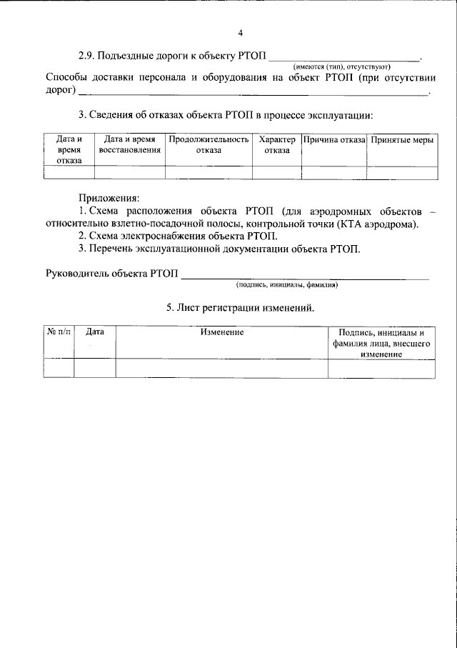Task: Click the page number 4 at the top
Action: pos(241,33)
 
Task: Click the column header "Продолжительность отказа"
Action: pos(209,145)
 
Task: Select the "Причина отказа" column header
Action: pos(333,140)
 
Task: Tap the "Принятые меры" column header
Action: pos(401,140)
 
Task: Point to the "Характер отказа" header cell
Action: pos(276,145)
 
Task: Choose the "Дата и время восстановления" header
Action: pos(129,145)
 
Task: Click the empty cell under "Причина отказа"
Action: pos(333,172)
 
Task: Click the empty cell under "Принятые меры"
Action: pos(401,172)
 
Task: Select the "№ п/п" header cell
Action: pos(59,332)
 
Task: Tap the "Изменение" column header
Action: pos(221,332)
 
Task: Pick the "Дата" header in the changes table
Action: pos(95,332)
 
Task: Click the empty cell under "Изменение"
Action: pos(221,367)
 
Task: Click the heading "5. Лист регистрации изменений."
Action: pos(240,308)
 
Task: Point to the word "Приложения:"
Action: pos(109,197)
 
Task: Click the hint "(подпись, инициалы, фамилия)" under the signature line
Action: pos(287,285)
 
